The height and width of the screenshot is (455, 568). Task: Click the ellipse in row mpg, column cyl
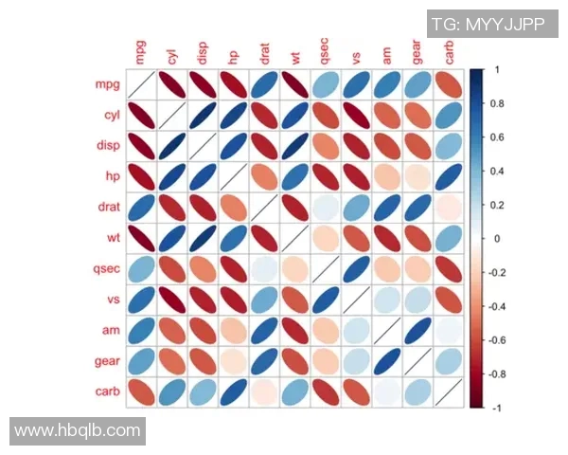[170, 85]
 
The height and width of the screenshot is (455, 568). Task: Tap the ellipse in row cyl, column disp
[202, 116]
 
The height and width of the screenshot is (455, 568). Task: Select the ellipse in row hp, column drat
[263, 177]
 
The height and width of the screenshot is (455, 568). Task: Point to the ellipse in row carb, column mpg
[140, 391]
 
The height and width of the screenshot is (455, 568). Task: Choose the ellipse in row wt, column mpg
[140, 238]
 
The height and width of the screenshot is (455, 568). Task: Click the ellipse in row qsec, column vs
[356, 269]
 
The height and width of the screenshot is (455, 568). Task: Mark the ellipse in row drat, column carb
[449, 208]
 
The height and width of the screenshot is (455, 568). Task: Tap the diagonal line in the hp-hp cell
[233, 177]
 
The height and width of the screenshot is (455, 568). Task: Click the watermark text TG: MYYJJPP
[488, 25]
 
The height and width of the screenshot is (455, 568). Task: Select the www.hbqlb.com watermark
[78, 430]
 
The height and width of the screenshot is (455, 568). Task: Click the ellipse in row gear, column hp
[233, 360]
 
